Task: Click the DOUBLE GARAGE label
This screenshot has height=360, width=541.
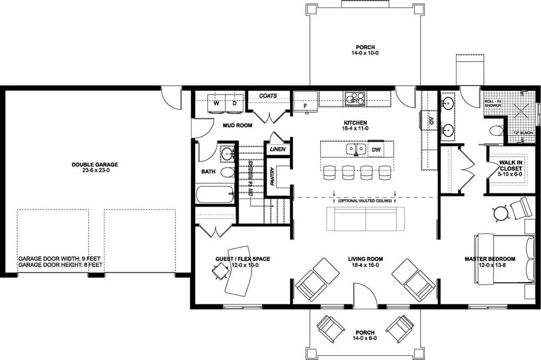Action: tap(95, 164)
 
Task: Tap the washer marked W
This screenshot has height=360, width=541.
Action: tap(216, 103)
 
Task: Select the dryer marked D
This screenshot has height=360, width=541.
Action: tap(235, 103)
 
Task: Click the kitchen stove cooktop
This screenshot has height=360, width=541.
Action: tap(355, 98)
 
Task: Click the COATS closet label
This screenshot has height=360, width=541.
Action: tap(268, 96)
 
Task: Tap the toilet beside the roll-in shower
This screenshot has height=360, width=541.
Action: tap(495, 131)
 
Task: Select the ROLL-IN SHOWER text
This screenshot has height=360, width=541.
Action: tap(493, 103)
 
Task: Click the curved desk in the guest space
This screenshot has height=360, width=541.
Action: tap(238, 270)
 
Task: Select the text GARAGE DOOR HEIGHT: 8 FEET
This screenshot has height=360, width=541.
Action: tap(61, 265)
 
